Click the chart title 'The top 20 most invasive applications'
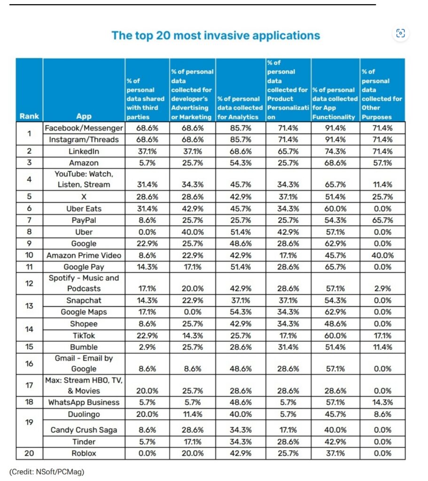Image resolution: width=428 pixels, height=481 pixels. [216, 36]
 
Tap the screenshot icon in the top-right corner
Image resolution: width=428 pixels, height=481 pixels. [400, 33]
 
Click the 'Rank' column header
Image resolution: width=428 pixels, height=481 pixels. [29, 116]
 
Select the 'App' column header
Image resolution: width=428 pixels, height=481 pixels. [84, 116]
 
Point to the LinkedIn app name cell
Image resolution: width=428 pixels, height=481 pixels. [84, 151]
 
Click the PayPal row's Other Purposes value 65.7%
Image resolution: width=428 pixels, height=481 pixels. [382, 220]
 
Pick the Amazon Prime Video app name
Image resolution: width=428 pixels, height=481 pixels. [84, 255]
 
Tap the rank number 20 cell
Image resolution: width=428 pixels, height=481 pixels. [29, 453]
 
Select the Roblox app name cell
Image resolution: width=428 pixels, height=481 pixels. [84, 453]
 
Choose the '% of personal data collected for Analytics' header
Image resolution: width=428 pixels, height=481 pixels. [240, 108]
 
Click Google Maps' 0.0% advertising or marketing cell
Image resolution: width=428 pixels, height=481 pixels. [192, 312]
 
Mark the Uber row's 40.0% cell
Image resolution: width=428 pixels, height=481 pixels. [192, 232]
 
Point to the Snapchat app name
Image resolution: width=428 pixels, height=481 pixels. [84, 300]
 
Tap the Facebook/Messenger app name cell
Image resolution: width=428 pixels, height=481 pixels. [84, 128]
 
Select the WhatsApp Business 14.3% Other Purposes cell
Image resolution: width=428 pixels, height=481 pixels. [382, 402]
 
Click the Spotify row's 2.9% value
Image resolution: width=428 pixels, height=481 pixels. [382, 289]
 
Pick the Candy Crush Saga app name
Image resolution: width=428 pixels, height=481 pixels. [84, 430]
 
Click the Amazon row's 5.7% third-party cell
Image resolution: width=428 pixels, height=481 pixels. [147, 163]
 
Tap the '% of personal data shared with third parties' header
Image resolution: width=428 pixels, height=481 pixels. [146, 99]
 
